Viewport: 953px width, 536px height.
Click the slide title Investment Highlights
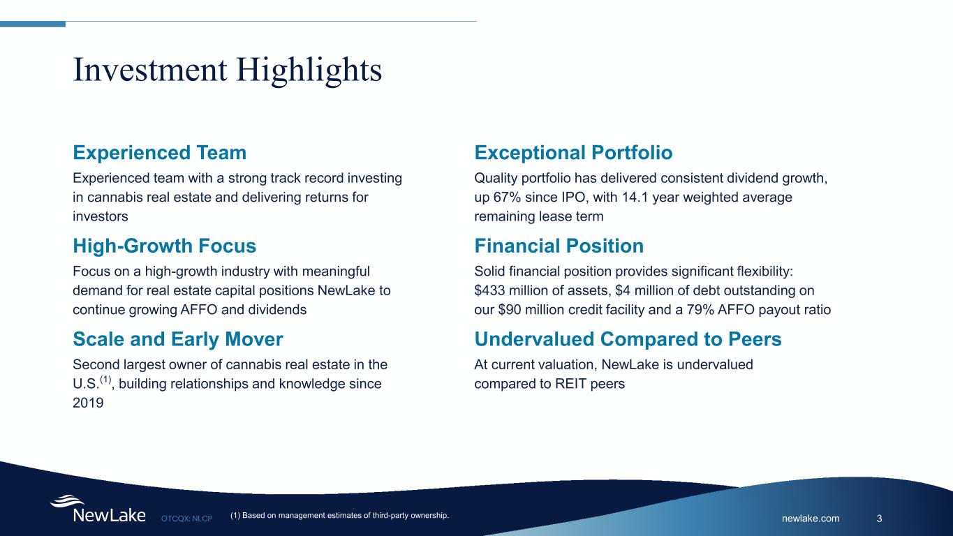click(227, 70)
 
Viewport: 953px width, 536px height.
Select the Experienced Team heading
click(160, 153)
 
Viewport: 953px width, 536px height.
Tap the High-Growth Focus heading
click(165, 246)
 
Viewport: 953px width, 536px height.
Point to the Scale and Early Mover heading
click(178, 339)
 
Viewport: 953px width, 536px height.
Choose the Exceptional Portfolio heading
click(573, 153)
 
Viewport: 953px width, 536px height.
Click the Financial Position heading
click(559, 246)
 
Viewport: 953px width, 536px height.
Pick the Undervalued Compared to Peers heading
click(628, 339)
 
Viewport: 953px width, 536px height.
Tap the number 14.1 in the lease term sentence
click(635, 198)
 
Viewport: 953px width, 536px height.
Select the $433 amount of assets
click(489, 290)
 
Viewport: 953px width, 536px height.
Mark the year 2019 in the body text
click(88, 403)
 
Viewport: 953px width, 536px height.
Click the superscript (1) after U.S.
click(105, 379)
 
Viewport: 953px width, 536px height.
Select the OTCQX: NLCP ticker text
click(186, 519)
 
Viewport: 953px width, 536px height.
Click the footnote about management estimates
click(339, 516)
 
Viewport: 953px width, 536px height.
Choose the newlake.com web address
click(811, 519)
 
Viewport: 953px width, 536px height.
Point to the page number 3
click(880, 519)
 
